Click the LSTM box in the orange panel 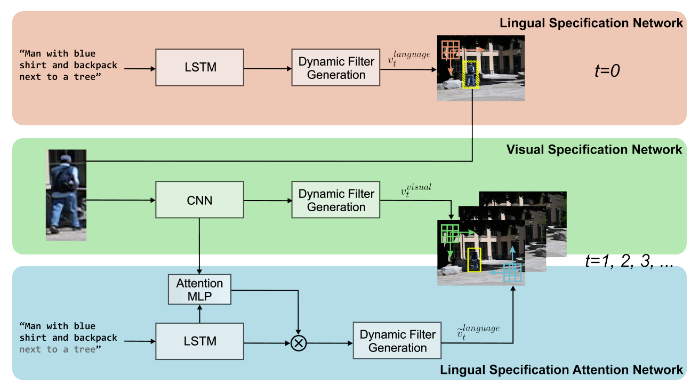click(200, 67)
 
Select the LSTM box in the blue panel click(200, 341)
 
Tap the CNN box click(200, 200)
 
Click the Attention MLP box click(200, 290)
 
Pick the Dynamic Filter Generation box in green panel click(336, 200)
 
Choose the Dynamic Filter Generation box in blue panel click(397, 340)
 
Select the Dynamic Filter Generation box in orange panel click(336, 67)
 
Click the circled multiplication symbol click(299, 343)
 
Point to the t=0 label click(607, 70)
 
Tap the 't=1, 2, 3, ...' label click(629, 261)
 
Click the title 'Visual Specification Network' click(594, 149)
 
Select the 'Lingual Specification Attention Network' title click(561, 370)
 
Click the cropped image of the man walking click(66, 195)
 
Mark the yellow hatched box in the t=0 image click(471, 75)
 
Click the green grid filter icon click(450, 234)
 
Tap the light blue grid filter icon click(512, 273)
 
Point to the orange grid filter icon click(451, 50)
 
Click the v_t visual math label click(416, 190)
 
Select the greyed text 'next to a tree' click(60, 349)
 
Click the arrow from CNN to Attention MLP click(199, 246)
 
